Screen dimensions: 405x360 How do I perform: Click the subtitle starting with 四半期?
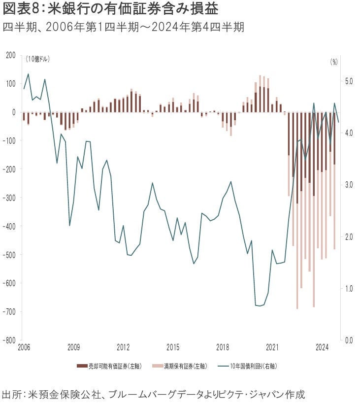(123, 28)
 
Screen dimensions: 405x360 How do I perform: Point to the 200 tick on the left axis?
(10, 55)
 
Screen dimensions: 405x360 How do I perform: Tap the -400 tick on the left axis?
(9, 226)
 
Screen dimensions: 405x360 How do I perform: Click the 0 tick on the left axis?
(15, 112)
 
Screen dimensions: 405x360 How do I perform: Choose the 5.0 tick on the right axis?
(348, 81)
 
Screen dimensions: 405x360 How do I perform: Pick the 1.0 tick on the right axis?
(348, 288)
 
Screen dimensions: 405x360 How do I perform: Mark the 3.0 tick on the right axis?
(348, 185)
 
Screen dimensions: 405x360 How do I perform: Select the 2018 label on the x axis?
(223, 347)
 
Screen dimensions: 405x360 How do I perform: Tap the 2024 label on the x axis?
(322, 347)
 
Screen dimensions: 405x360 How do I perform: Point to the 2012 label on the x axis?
(123, 347)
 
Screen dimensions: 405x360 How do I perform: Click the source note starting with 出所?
(153, 395)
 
